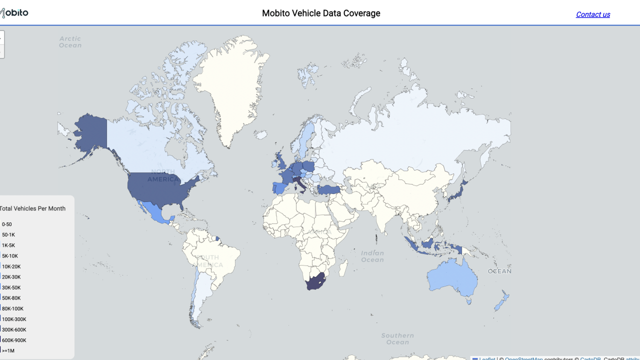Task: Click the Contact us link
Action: (x=592, y=14)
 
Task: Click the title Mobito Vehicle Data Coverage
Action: (x=321, y=13)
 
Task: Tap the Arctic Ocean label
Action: (x=70, y=42)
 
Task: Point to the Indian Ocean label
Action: (x=372, y=256)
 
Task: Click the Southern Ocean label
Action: (x=397, y=338)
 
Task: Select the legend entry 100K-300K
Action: (x=14, y=319)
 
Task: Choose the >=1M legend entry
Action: (x=8, y=351)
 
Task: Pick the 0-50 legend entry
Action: (x=7, y=224)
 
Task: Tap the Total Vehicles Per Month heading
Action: (x=32, y=208)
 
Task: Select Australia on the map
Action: (x=452, y=277)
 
